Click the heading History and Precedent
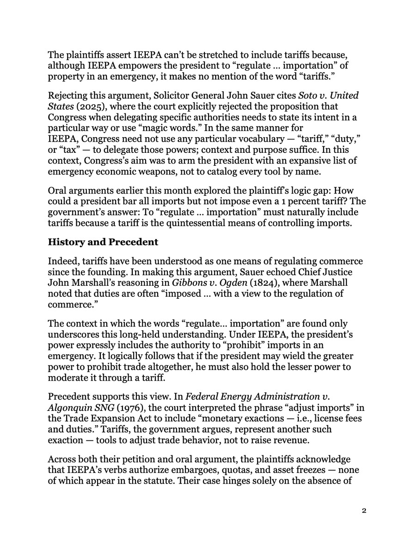(x=103, y=242)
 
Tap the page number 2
(x=364, y=511)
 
